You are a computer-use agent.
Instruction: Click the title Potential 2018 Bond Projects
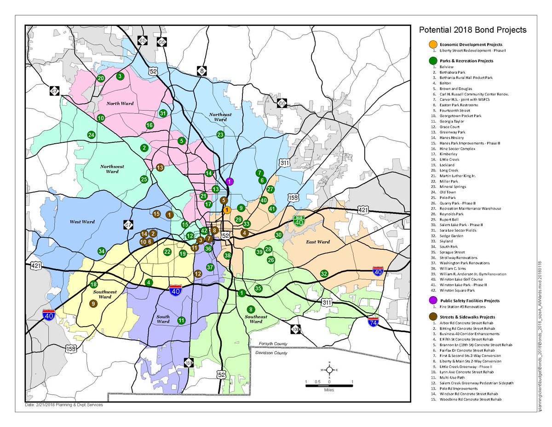click(472, 30)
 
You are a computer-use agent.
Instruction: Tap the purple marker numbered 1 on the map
click(230, 181)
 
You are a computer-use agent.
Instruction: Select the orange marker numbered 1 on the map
click(227, 210)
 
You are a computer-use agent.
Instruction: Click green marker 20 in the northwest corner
click(101, 78)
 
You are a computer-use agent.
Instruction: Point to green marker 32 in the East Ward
click(324, 274)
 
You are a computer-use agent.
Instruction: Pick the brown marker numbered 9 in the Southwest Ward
click(93, 304)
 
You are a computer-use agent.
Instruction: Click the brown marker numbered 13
click(160, 167)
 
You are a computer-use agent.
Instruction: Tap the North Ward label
click(120, 103)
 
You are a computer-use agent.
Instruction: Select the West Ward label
click(82, 222)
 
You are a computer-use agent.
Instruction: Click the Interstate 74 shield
click(374, 321)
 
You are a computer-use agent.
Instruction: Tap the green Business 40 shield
click(299, 220)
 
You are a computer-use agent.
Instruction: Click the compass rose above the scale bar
click(329, 370)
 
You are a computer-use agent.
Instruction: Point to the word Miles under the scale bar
click(329, 390)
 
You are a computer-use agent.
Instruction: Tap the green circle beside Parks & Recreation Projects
click(433, 61)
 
